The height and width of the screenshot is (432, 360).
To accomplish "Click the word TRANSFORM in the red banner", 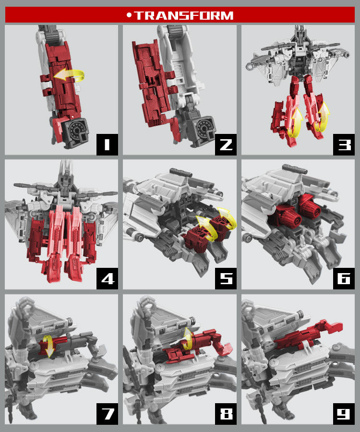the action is pos(184,15).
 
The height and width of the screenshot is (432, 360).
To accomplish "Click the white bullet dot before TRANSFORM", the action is pos(129,15).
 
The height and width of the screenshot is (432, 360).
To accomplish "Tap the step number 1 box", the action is pos(107,144).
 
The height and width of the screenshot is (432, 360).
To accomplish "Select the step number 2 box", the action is pos(226,144).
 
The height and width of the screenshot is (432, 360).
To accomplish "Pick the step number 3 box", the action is pos(344,144).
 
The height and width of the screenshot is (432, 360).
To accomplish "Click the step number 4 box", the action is pos(107,278).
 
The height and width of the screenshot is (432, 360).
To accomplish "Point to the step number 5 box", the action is pos(226,278).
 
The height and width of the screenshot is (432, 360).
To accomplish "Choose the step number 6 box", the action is pos(344,278).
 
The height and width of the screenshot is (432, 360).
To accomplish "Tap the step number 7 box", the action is pos(107,414).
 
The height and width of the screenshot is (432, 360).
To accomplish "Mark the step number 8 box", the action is pos(226,414).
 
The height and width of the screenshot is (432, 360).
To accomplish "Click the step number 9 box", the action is pos(344,414).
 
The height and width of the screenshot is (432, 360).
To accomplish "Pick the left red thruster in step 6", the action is pos(288,216).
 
